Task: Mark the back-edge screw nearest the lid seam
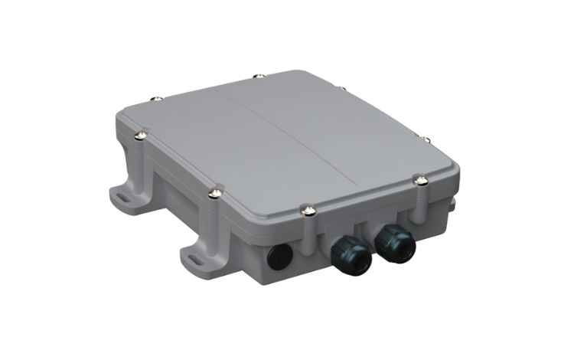click(259, 76)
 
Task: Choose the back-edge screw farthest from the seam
click(157, 97)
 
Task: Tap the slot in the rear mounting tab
click(122, 196)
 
